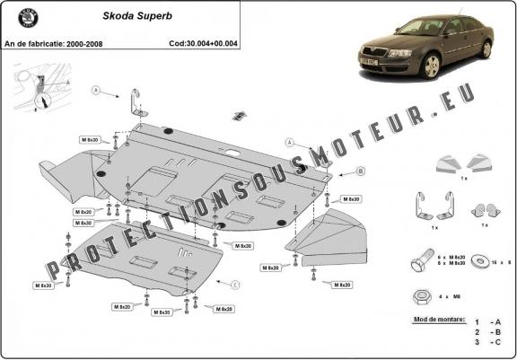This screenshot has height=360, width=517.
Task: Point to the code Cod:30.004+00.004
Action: pyautogui.click(x=204, y=42)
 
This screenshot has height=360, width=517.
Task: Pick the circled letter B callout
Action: pyautogui.click(x=336, y=171)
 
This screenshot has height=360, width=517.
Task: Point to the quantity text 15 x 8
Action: pyautogui.click(x=501, y=262)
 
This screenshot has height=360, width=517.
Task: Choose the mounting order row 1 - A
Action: pyautogui.click(x=490, y=321)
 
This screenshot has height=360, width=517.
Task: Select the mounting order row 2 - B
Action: pyautogui.click(x=490, y=331)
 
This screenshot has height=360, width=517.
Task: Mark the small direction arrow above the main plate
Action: pyautogui.click(x=239, y=115)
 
